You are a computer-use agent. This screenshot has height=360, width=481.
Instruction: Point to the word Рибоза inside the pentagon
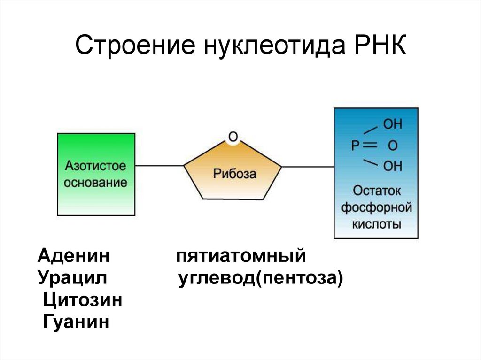pos(235,175)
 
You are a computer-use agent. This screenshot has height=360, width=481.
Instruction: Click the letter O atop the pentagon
pos(233,137)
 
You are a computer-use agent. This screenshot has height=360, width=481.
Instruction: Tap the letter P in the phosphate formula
pos(356,146)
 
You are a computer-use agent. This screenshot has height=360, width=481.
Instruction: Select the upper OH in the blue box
pos(393,125)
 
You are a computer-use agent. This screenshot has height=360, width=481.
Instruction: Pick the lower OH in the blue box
pos(393,166)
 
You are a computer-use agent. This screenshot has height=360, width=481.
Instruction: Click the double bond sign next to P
pos(371,146)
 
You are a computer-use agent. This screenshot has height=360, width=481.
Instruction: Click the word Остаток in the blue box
pos(376,191)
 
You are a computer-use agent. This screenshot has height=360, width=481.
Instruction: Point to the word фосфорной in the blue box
pos(376,207)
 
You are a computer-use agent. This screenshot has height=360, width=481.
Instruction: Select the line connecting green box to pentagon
pos(159,166)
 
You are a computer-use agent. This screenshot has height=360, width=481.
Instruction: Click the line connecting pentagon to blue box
pos(308,166)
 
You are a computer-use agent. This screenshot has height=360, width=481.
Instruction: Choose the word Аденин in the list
pos(74,256)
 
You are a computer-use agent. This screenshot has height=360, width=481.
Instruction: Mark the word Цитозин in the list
pos(82,300)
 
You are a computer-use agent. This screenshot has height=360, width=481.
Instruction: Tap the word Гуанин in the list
pos(76,322)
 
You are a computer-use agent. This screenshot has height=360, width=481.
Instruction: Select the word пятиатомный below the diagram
pos(241,256)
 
